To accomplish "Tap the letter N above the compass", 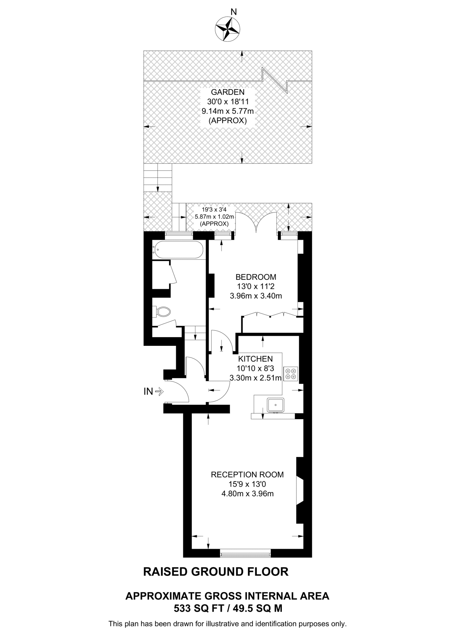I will pos(234,12).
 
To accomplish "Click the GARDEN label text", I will pos(227,92).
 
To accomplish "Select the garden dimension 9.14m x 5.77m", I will pos(227,111).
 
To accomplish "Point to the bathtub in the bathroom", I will pos(178,249).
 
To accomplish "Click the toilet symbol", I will pos(162,312).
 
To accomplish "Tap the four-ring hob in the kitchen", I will pos(291,374).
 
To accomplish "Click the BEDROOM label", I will pos(256,277).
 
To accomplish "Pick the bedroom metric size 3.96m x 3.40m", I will pos(256,296).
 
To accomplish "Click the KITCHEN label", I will pos(255,359).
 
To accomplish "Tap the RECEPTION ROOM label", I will pos(247,475).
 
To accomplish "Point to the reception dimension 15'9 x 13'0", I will pos(247,484).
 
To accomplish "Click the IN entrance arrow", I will pos(159,392).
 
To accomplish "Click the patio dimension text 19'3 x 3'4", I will pos(214,210).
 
